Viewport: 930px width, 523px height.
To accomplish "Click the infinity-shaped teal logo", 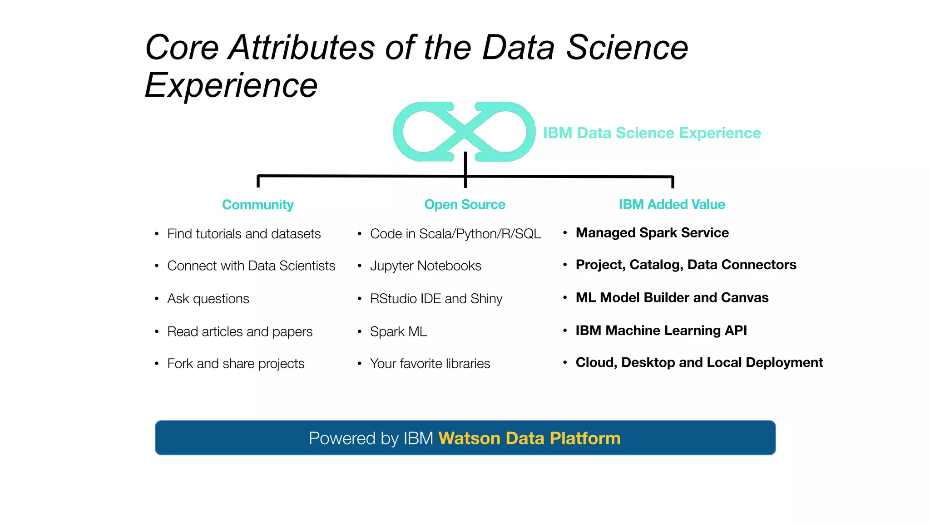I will tap(464, 131).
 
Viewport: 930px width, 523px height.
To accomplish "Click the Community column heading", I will tap(257, 205).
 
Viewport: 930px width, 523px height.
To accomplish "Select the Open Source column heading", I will tap(465, 204).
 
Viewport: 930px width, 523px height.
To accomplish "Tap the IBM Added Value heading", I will tap(672, 204).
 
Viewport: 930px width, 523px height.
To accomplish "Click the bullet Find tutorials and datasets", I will tap(244, 234).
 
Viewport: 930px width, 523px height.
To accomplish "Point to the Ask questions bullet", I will tap(208, 299).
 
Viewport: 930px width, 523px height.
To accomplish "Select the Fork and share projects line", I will tap(236, 364).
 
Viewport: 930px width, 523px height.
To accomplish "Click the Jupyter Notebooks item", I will tap(425, 266).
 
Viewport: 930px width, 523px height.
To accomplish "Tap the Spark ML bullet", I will tap(398, 331).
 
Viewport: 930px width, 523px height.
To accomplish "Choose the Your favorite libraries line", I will tap(430, 364).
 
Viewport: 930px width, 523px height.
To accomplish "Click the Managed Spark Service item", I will tap(652, 233).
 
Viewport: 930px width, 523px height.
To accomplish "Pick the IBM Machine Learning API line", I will tap(661, 331).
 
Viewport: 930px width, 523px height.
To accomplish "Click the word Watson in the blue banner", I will tap(469, 439).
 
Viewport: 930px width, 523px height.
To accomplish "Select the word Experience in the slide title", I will tap(231, 85).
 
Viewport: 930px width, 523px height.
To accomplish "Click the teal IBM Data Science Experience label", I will tap(652, 133).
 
